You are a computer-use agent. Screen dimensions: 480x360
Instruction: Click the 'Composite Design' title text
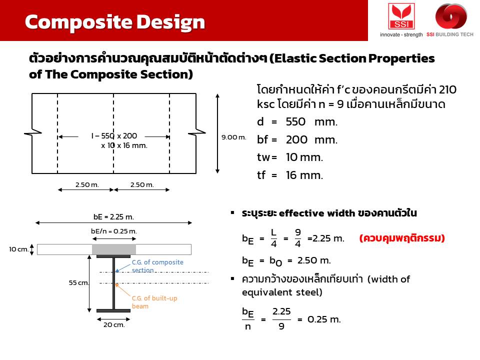115,22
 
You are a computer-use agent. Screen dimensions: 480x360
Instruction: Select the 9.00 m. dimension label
234,137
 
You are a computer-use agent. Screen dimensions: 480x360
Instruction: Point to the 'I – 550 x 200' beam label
114,135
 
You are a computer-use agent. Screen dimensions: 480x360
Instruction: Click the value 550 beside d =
295,122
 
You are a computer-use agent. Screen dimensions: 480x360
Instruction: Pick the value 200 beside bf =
296,140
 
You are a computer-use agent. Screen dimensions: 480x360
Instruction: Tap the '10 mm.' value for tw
304,157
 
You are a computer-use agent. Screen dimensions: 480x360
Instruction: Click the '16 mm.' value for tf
304,175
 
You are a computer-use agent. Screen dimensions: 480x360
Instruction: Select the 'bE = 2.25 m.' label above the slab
113,217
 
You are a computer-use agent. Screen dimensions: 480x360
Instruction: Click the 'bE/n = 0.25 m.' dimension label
114,231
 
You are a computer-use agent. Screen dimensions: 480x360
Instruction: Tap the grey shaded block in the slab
114,249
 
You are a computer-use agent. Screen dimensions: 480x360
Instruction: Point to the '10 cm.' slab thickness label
18,249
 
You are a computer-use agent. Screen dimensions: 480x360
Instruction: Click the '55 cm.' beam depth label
78,282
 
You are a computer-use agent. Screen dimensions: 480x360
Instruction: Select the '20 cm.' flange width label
114,325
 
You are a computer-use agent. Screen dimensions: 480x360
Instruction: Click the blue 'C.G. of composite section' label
157,266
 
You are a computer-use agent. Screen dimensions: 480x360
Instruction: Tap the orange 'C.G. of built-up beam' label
154,302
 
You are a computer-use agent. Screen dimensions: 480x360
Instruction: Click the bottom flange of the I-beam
113,310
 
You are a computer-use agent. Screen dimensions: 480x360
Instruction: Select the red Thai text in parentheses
402,238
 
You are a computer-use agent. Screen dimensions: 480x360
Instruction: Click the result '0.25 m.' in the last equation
324,319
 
